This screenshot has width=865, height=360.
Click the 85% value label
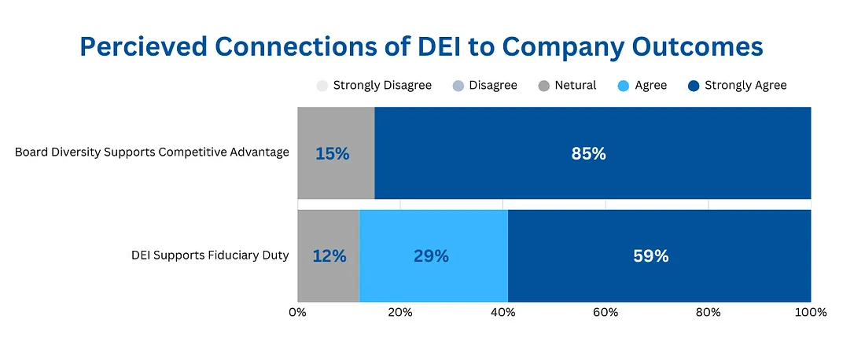click(588, 154)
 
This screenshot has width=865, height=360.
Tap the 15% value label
click(332, 154)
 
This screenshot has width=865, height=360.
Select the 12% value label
click(328, 256)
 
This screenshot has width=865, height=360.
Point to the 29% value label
click(431, 256)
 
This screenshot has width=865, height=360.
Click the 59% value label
click(651, 256)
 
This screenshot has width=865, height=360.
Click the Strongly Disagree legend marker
click(322, 86)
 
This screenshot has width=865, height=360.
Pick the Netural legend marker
click(543, 86)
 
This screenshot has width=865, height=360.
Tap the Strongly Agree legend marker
click(693, 86)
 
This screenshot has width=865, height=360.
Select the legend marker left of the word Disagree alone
click(458, 86)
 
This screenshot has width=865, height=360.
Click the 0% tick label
click(297, 312)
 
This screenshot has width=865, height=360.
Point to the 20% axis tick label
click(400, 312)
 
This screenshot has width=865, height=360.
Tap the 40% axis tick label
click(503, 312)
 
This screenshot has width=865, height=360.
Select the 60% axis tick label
click(605, 312)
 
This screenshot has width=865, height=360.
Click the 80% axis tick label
click(709, 312)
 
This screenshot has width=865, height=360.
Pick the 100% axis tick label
click(811, 312)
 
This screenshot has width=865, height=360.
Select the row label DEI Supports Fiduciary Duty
click(210, 255)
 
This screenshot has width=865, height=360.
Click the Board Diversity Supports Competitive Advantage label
click(152, 152)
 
